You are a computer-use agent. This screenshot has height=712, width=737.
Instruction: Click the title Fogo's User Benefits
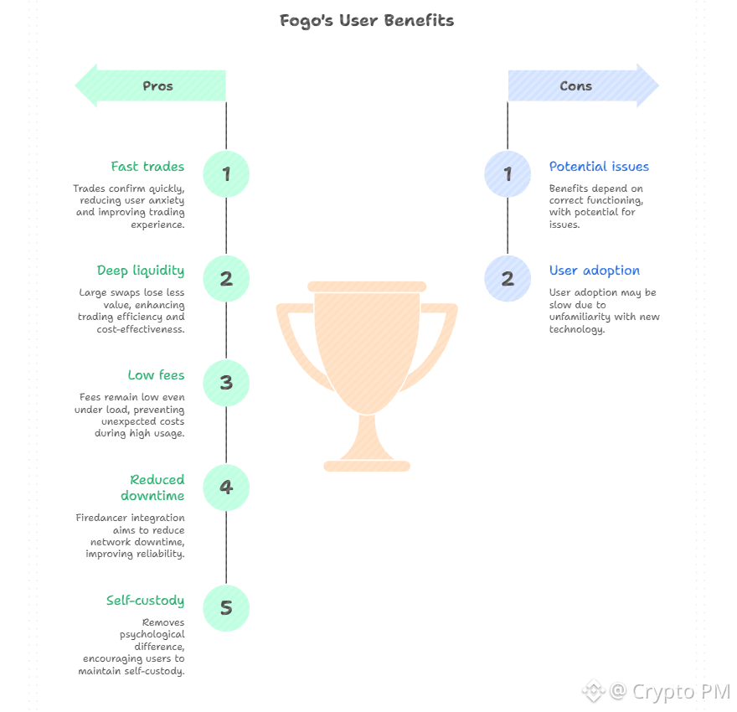pyautogui.click(x=367, y=21)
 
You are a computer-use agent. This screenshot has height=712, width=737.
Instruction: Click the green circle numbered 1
pyautogui.click(x=226, y=174)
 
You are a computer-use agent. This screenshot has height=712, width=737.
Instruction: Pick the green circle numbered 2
pyautogui.click(x=226, y=279)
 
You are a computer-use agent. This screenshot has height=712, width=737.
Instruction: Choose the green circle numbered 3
pyautogui.click(x=226, y=383)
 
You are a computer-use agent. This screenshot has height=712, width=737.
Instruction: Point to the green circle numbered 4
pyautogui.click(x=226, y=487)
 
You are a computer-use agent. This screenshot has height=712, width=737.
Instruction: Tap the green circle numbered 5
pyautogui.click(x=226, y=608)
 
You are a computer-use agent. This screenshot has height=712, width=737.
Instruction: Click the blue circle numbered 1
pyautogui.click(x=508, y=174)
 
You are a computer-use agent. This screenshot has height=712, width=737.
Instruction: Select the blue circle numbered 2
pyautogui.click(x=508, y=279)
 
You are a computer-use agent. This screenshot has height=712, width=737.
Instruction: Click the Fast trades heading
pyautogui.click(x=147, y=167)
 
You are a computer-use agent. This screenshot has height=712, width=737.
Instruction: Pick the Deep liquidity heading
pyautogui.click(x=141, y=271)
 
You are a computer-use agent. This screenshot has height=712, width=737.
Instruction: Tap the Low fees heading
pyautogui.click(x=156, y=375)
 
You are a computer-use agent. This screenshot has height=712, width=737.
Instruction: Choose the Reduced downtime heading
pyautogui.click(x=153, y=488)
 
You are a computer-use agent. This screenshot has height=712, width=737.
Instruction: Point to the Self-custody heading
pyautogui.click(x=145, y=601)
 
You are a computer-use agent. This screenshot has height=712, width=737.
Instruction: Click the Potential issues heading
pyautogui.click(x=599, y=167)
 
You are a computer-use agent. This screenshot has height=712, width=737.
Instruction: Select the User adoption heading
pyautogui.click(x=595, y=271)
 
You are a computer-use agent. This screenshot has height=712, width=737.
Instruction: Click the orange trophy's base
pyautogui.click(x=367, y=466)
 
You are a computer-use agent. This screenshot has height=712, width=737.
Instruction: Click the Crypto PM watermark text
pyautogui.click(x=681, y=692)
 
